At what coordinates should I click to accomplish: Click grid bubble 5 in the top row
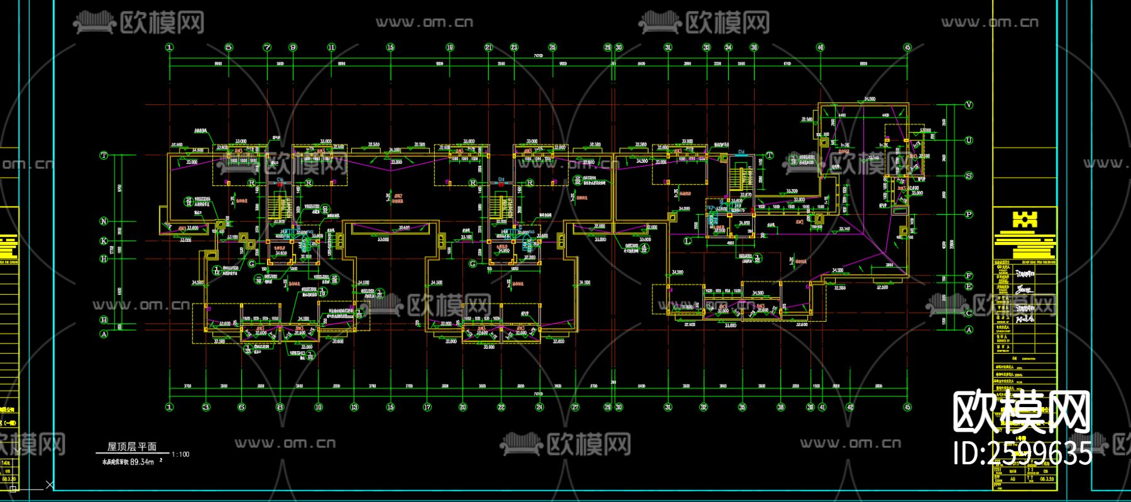pyautogui.click(x=229, y=47)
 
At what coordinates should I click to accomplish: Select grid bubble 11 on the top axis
pyautogui.click(x=331, y=47)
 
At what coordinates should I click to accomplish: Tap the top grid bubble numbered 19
pyautogui.click(x=450, y=47)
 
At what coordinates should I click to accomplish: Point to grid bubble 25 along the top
pyautogui.click(x=552, y=47)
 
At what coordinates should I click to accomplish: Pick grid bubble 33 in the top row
pyautogui.click(x=707, y=47)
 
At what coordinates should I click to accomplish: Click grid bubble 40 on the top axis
pyautogui.click(x=820, y=47)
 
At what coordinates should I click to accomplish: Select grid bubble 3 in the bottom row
pyautogui.click(x=205, y=407)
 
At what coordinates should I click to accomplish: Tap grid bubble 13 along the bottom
pyautogui.click(x=354, y=407)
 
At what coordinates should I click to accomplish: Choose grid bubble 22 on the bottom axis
pyautogui.click(x=501, y=407)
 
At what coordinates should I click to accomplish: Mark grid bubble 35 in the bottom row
pyautogui.click(x=742, y=407)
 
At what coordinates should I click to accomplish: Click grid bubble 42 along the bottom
pyautogui.click(x=850, y=407)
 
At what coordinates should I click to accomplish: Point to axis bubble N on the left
pyautogui.click(x=104, y=221)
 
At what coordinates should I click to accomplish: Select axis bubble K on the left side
pyautogui.click(x=104, y=241)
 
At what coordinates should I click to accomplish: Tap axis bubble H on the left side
pyautogui.click(x=104, y=258)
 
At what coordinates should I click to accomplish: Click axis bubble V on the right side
pyautogui.click(x=968, y=105)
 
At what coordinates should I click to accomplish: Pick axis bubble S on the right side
pyautogui.click(x=968, y=176)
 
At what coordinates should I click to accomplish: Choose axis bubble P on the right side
pyautogui.click(x=968, y=214)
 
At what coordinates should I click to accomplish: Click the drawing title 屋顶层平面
pyautogui.click(x=132, y=447)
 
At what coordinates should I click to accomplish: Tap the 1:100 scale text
pyautogui.click(x=180, y=454)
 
